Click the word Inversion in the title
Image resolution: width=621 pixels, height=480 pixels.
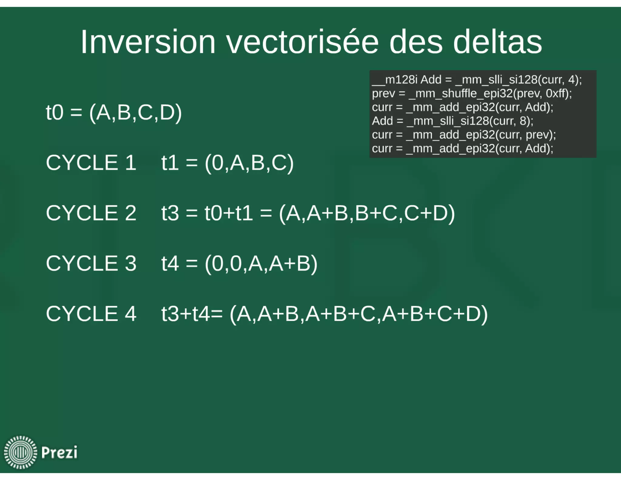point(148,42)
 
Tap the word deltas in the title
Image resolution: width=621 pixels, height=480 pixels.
point(497,42)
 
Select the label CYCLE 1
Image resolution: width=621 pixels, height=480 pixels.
point(91,163)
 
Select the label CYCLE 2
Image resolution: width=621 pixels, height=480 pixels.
point(91,213)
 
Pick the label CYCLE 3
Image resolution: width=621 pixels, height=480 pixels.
point(91,263)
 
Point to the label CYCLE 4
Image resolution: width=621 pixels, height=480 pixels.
point(91,314)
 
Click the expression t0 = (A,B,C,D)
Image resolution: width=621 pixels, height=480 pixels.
point(114,113)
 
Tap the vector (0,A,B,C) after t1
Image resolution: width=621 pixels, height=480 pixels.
point(249,163)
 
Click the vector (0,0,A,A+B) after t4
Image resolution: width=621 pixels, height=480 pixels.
point(261,264)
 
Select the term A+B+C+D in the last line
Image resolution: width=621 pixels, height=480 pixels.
point(434,314)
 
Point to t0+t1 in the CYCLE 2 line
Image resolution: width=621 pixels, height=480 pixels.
point(229,213)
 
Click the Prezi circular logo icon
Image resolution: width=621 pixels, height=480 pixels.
point(20,452)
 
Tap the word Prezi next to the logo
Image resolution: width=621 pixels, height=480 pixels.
point(59,452)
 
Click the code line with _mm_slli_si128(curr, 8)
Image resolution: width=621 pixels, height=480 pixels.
point(452,121)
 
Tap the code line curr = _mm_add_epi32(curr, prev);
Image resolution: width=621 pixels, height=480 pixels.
point(464,135)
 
